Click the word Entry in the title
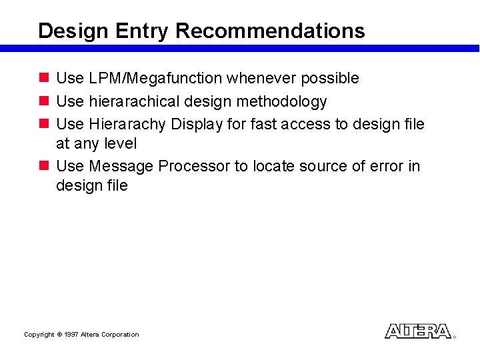[142, 31]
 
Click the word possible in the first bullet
[330, 79]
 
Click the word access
[307, 125]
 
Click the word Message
[121, 166]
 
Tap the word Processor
[194, 166]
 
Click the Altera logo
[418, 331]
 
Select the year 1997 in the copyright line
[71, 335]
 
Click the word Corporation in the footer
[119, 335]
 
